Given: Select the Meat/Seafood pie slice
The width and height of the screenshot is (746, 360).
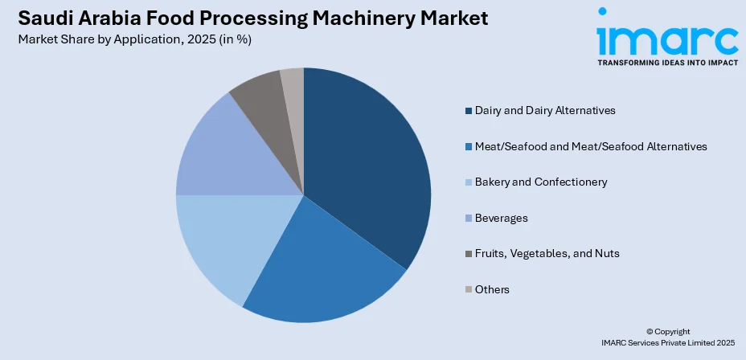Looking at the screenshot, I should pyautogui.click(x=322, y=265).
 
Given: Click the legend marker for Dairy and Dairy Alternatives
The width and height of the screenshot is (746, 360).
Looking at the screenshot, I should pyautogui.click(x=468, y=110).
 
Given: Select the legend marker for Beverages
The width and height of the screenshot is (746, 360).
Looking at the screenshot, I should pyautogui.click(x=468, y=218).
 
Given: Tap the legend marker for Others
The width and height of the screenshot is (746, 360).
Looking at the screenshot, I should pyautogui.click(x=468, y=289).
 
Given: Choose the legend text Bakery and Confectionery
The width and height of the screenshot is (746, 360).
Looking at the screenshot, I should pyautogui.click(x=540, y=182).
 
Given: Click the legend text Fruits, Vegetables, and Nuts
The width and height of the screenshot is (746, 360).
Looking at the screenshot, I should pyautogui.click(x=547, y=253).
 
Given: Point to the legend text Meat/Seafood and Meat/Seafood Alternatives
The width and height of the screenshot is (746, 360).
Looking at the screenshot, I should pyautogui.click(x=591, y=146).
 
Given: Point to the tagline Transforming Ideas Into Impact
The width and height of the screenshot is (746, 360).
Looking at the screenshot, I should pyautogui.click(x=666, y=62).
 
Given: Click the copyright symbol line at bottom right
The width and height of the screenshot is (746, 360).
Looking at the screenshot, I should pyautogui.click(x=668, y=331).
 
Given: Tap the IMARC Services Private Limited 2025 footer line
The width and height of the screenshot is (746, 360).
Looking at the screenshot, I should pyautogui.click(x=668, y=343).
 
